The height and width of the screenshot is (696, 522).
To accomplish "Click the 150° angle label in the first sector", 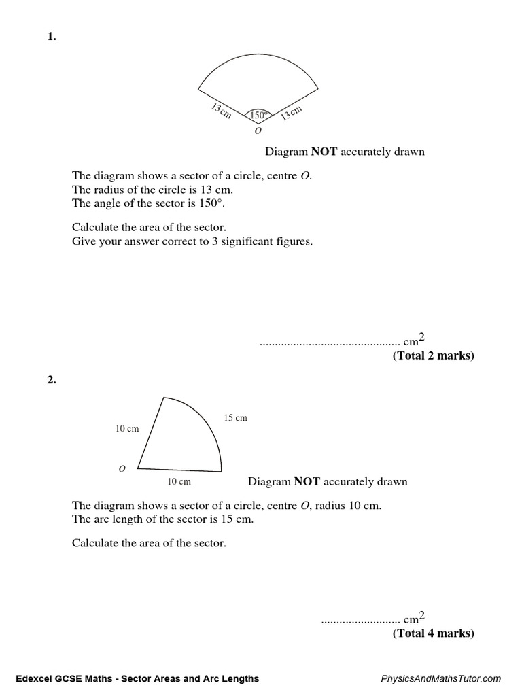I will [x=258, y=115].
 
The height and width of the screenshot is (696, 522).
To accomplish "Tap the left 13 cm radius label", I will [x=220, y=111].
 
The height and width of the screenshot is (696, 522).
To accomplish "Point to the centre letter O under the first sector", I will [x=258, y=130].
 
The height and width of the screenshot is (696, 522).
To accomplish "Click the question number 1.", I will [x=52, y=38].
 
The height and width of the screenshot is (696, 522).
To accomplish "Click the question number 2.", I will [x=52, y=381].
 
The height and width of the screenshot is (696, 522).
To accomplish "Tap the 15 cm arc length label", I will [x=236, y=418].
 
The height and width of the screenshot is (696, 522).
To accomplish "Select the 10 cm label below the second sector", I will [x=179, y=481].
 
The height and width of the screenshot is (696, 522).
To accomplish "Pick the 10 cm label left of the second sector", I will [x=127, y=428].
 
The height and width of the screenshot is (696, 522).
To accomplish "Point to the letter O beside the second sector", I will [x=122, y=468].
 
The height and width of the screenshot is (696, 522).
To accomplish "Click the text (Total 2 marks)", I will [x=433, y=355].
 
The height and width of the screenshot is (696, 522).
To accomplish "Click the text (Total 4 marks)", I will [x=433, y=633].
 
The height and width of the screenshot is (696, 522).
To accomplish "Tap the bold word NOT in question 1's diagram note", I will [x=324, y=152].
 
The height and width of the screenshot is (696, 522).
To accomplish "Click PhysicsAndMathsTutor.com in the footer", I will [x=441, y=678].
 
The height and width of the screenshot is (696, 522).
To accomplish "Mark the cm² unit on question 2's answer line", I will [x=414, y=619].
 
